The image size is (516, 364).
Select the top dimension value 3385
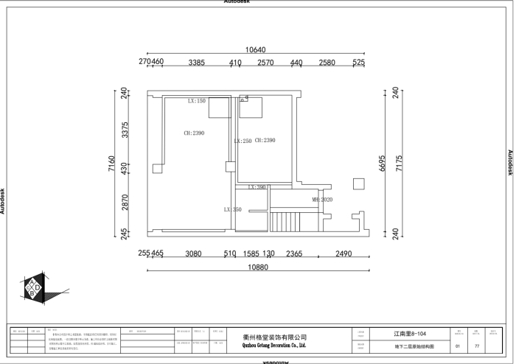point(196,63)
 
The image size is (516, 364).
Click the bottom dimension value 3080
point(193,253)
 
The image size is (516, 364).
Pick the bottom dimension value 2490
point(343,253)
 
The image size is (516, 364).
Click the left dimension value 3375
point(125,130)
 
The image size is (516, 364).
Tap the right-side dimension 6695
point(383,164)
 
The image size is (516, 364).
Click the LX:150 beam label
point(197,101)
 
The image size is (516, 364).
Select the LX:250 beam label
point(243,141)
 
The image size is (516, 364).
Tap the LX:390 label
point(257,187)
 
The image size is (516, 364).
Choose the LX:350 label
point(232,210)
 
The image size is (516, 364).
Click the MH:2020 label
point(322,200)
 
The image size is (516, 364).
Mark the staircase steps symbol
point(282,222)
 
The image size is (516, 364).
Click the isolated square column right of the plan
point(358,183)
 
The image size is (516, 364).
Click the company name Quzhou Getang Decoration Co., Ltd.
point(273,345)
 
